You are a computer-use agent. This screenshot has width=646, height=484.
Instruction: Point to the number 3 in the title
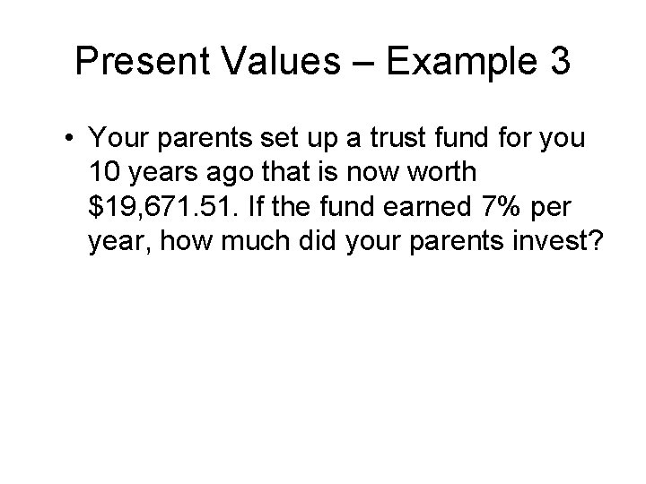556,62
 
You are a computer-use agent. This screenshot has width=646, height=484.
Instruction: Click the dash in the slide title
367,63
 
